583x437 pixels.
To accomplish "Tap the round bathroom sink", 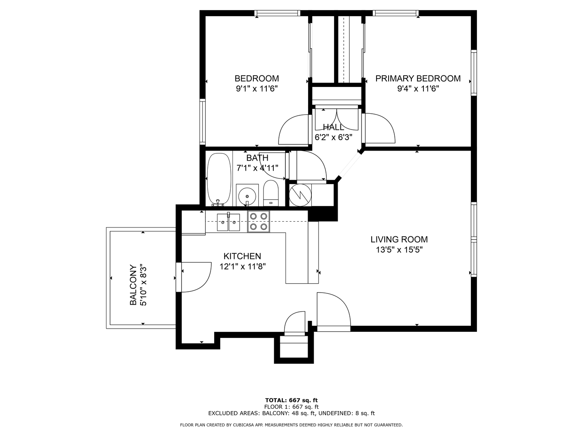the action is click(247, 196).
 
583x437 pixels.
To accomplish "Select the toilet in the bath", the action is click(271, 193).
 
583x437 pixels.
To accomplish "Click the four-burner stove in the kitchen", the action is click(258, 222).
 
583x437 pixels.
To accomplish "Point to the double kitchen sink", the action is click(228, 223).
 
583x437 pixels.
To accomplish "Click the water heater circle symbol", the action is click(300, 195).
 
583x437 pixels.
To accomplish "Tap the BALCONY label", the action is click(133, 285).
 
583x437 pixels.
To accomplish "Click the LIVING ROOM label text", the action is click(399, 239).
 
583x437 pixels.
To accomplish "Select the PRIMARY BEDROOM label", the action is click(418, 78).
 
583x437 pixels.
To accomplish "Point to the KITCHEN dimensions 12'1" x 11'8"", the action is click(243, 266).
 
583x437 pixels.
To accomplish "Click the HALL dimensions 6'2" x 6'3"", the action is click(333, 137).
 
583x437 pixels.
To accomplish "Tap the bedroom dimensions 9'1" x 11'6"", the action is click(257, 88).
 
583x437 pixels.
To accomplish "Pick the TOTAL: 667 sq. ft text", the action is click(291, 400).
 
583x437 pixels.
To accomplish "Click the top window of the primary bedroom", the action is click(396, 13).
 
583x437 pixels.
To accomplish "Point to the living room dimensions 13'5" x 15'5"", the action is click(399, 250).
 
